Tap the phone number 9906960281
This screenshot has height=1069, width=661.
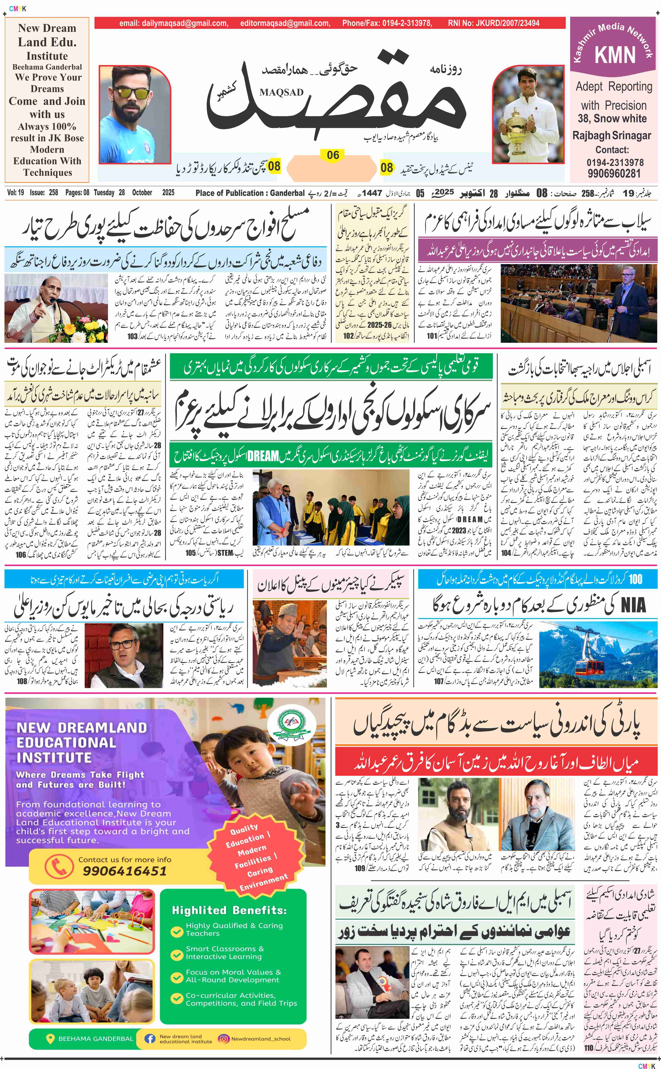[x=614, y=173]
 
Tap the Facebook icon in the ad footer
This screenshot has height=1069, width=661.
[x=150, y=1038]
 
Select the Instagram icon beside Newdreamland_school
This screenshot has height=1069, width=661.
[x=224, y=1038]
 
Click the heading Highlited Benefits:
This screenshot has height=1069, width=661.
[x=229, y=910]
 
